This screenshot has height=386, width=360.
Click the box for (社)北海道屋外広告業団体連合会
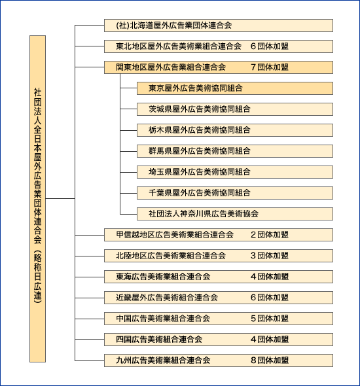point(219,26)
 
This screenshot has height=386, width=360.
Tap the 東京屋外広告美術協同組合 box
point(235,88)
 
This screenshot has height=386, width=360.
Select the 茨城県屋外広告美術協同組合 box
point(235,109)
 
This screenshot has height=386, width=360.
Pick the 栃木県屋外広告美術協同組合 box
point(235,130)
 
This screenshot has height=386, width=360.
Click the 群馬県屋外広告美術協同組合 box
point(235,151)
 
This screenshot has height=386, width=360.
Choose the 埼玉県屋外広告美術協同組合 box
point(235,172)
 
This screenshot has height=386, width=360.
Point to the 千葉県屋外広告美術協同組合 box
point(235,193)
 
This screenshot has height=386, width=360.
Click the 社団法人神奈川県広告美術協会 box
point(235,214)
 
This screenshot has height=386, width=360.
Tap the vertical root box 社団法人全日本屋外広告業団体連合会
point(38,199)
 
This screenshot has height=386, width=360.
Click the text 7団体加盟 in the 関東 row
point(270,67)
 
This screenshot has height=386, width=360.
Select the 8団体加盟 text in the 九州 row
point(270,360)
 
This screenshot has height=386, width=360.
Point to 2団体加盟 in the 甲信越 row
point(270,235)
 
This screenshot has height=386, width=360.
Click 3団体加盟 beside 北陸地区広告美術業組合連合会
point(270,256)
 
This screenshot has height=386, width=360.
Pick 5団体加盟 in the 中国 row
point(270,319)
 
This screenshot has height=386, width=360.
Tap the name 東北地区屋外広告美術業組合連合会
point(179,46)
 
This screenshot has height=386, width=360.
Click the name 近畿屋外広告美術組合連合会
point(167,298)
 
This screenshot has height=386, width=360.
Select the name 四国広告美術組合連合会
point(159,340)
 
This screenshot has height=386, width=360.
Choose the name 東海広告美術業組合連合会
point(163,277)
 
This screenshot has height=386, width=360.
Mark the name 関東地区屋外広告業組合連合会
point(171,67)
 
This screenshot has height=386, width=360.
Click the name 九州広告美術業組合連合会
point(163,360)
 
